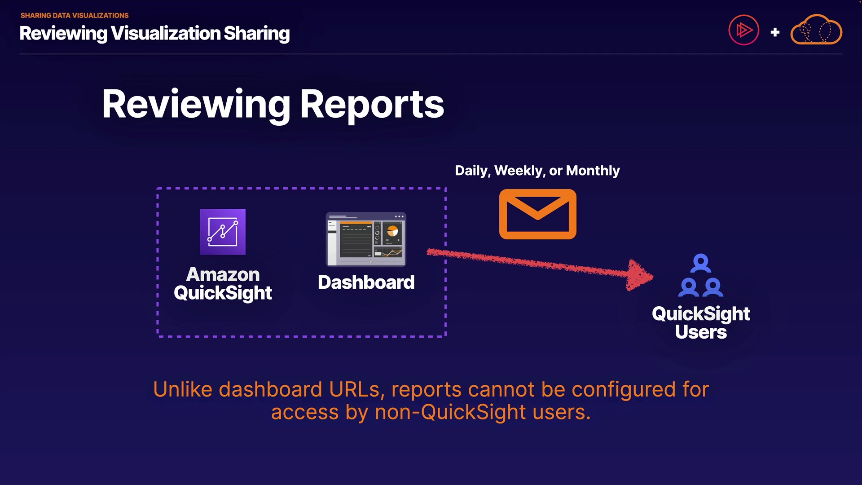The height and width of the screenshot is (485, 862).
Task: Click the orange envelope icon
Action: (x=537, y=214)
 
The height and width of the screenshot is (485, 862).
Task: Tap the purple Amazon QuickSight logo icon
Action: (x=223, y=232)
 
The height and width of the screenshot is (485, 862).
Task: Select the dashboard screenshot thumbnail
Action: (x=366, y=239)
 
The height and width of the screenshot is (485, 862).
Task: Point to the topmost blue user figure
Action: (x=700, y=263)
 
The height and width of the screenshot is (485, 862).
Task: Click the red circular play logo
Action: (x=743, y=31)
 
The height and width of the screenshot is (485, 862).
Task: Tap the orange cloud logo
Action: (x=816, y=31)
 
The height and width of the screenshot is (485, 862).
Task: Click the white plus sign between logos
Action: (x=775, y=32)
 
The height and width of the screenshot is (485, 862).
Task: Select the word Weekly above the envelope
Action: (x=519, y=171)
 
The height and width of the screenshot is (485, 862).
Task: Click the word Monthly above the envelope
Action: (x=593, y=171)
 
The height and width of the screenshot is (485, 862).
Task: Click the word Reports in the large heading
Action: (x=372, y=104)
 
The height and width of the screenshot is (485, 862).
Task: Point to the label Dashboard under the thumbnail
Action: (x=366, y=282)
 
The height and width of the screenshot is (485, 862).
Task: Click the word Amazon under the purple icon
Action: (x=223, y=274)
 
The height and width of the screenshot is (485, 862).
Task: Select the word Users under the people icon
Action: (x=701, y=332)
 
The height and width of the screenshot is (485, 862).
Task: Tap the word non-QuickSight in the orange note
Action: (x=450, y=412)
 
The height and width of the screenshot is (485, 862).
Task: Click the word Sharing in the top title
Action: (x=256, y=33)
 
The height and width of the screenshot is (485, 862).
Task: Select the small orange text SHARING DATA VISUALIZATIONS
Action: (x=75, y=15)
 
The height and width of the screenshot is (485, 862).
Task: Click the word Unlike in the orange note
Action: (x=182, y=389)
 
